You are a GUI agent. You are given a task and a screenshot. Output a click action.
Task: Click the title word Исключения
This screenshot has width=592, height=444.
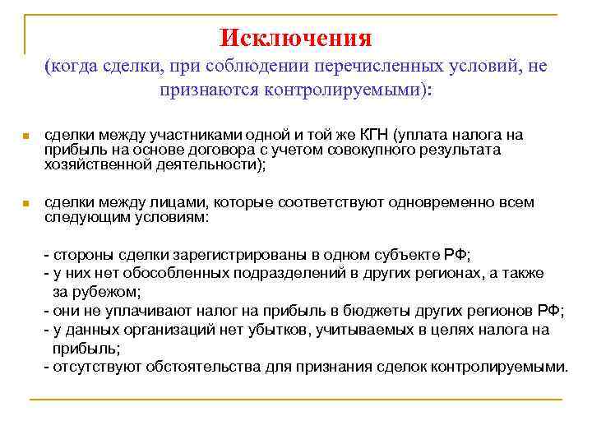pos(296,38)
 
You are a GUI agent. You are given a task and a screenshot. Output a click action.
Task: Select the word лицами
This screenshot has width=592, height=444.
pos(160,202)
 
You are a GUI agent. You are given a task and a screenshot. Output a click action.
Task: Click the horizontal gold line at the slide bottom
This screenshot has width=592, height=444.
pos(296,400)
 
